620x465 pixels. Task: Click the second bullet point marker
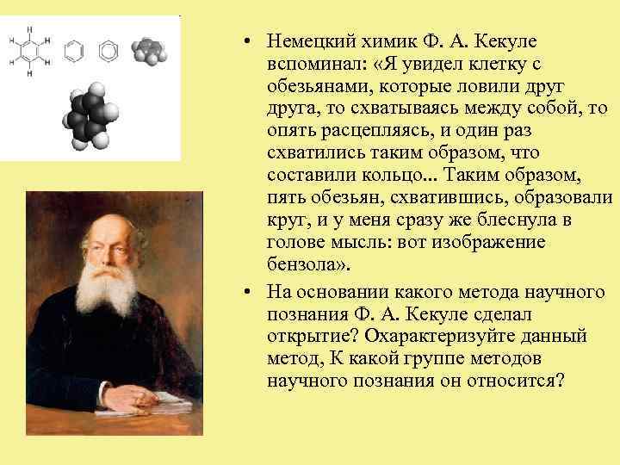click(246, 288)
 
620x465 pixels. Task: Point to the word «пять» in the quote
click(285, 198)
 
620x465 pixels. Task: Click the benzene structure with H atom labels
click(29, 52)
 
